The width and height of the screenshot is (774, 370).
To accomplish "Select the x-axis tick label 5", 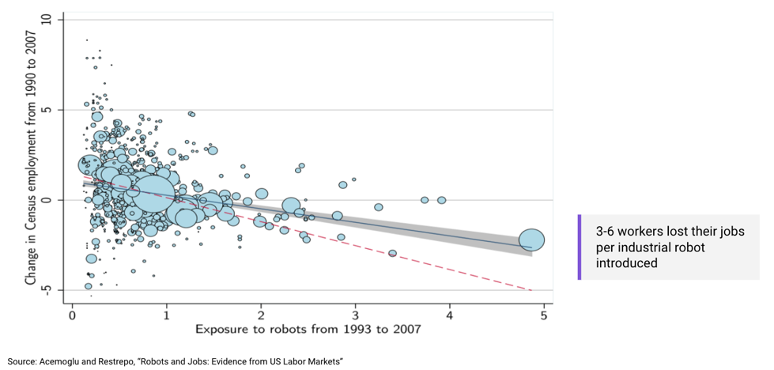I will pyautogui.click(x=544, y=315).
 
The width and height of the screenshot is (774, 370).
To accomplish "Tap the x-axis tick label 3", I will pyautogui.click(x=355, y=315).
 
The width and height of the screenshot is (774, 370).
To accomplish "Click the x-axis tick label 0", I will pyautogui.click(x=72, y=315).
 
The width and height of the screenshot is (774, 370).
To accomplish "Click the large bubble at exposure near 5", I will pyautogui.click(x=532, y=240).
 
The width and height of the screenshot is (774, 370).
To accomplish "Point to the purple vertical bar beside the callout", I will pyautogui.click(x=580, y=247).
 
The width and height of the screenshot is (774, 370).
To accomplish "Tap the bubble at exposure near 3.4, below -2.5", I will pyautogui.click(x=392, y=253).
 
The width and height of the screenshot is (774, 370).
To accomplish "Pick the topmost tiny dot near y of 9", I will pyautogui.click(x=87, y=40).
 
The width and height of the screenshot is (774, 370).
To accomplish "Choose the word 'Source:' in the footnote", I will pyautogui.click(x=21, y=361).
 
